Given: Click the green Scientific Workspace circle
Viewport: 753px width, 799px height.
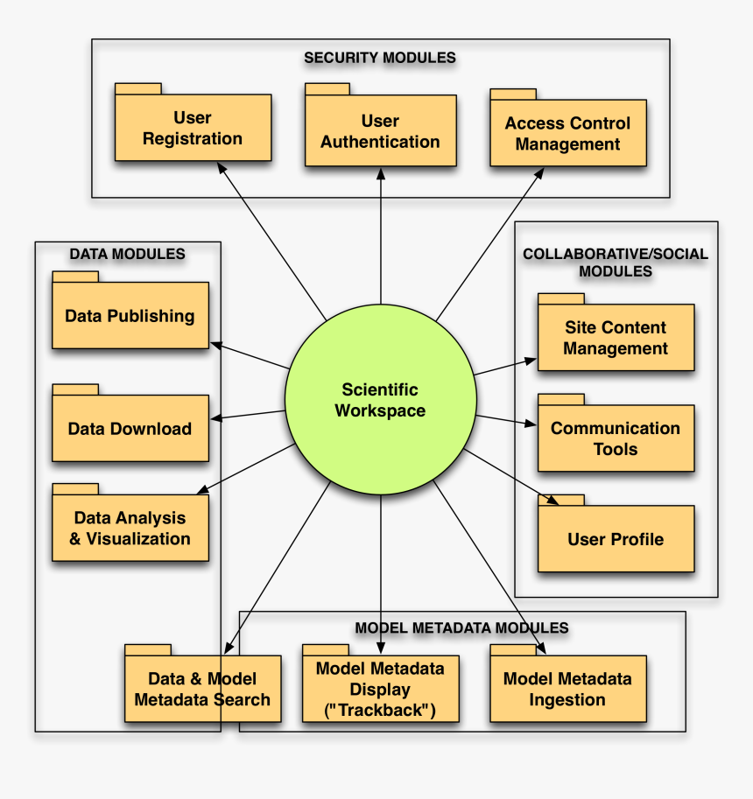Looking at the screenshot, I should tap(380, 400).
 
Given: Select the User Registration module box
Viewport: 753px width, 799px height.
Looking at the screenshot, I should tap(193, 128).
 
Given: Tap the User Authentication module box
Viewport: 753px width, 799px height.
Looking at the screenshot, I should tap(380, 131).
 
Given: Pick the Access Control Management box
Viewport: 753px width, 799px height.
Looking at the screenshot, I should tap(567, 133).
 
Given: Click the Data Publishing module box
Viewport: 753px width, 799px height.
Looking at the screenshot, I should tap(130, 316).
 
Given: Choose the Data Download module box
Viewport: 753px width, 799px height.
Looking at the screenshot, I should tap(130, 429).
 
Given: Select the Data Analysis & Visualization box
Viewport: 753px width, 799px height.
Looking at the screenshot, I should tap(130, 529).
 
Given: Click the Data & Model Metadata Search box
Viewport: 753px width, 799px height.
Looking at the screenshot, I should tap(202, 690).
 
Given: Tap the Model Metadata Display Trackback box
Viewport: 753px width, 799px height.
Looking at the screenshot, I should tap(380, 690).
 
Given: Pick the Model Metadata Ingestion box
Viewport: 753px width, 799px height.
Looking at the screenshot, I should tap(567, 690).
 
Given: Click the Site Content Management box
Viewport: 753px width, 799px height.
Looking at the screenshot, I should tap(616, 338).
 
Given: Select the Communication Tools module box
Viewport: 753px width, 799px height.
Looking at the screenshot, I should tap(616, 438).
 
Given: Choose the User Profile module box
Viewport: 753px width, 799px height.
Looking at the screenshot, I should tap(616, 539).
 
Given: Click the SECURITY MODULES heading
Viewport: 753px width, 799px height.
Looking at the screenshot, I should tap(380, 58).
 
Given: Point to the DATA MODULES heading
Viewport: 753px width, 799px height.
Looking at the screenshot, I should tap(127, 254).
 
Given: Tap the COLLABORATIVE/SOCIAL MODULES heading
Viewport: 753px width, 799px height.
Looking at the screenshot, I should tap(616, 263).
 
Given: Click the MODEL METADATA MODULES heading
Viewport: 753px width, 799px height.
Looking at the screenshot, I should tap(461, 627).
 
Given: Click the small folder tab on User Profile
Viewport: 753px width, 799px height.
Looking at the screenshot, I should tap(560, 500).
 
